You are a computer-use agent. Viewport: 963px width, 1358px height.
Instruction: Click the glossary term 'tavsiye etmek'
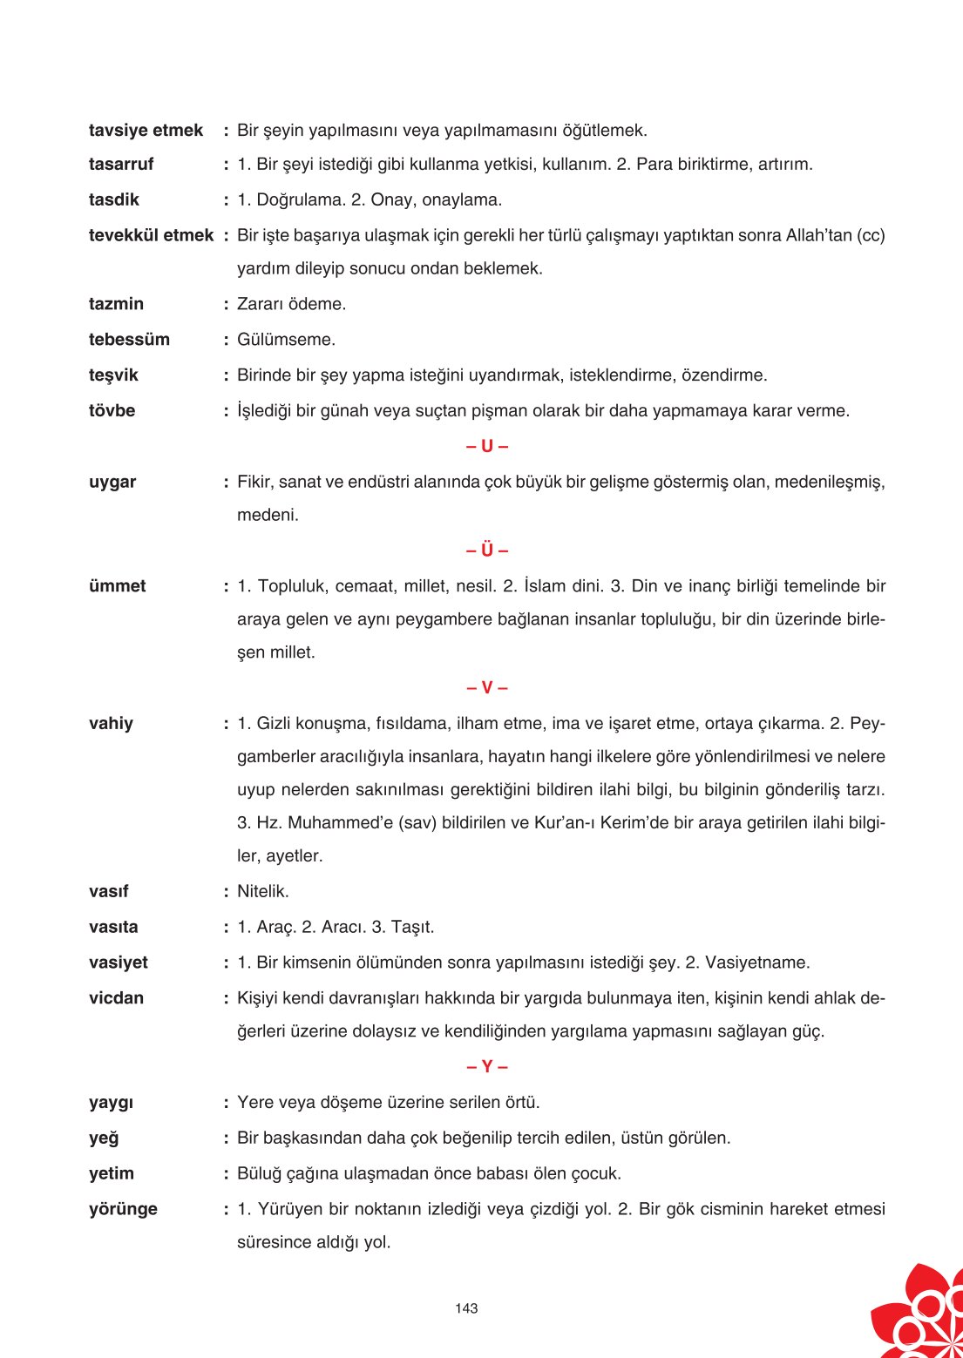pos(146,131)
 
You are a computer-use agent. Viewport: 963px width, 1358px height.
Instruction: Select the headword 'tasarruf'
pos(121,165)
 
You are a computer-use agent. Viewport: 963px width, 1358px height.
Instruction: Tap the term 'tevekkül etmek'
pos(151,235)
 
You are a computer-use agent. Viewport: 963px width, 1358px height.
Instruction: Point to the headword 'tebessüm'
pos(129,340)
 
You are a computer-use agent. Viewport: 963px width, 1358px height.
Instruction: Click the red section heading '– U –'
pos(487,446)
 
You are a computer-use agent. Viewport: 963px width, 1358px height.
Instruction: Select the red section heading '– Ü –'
pos(487,551)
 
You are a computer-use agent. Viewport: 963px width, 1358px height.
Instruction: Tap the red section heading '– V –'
pos(487,688)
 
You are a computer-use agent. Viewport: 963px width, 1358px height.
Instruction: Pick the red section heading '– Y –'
pos(487,1067)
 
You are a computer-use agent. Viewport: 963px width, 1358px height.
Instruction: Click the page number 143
pos(466,1308)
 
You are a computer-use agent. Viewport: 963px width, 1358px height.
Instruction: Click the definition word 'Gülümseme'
pos(284,340)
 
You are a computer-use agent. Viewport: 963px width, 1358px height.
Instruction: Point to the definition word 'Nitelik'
pos(261,892)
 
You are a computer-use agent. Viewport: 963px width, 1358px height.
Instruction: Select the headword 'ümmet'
pos(118,586)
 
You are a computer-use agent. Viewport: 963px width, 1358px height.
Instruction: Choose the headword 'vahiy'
pos(111,724)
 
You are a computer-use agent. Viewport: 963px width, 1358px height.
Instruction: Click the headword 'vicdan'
pos(116,998)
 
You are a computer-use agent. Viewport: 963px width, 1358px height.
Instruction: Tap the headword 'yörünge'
pos(123,1209)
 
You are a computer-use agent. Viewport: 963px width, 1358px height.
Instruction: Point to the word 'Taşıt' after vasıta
pos(410,927)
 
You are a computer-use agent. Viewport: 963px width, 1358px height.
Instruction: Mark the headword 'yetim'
pos(112,1173)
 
